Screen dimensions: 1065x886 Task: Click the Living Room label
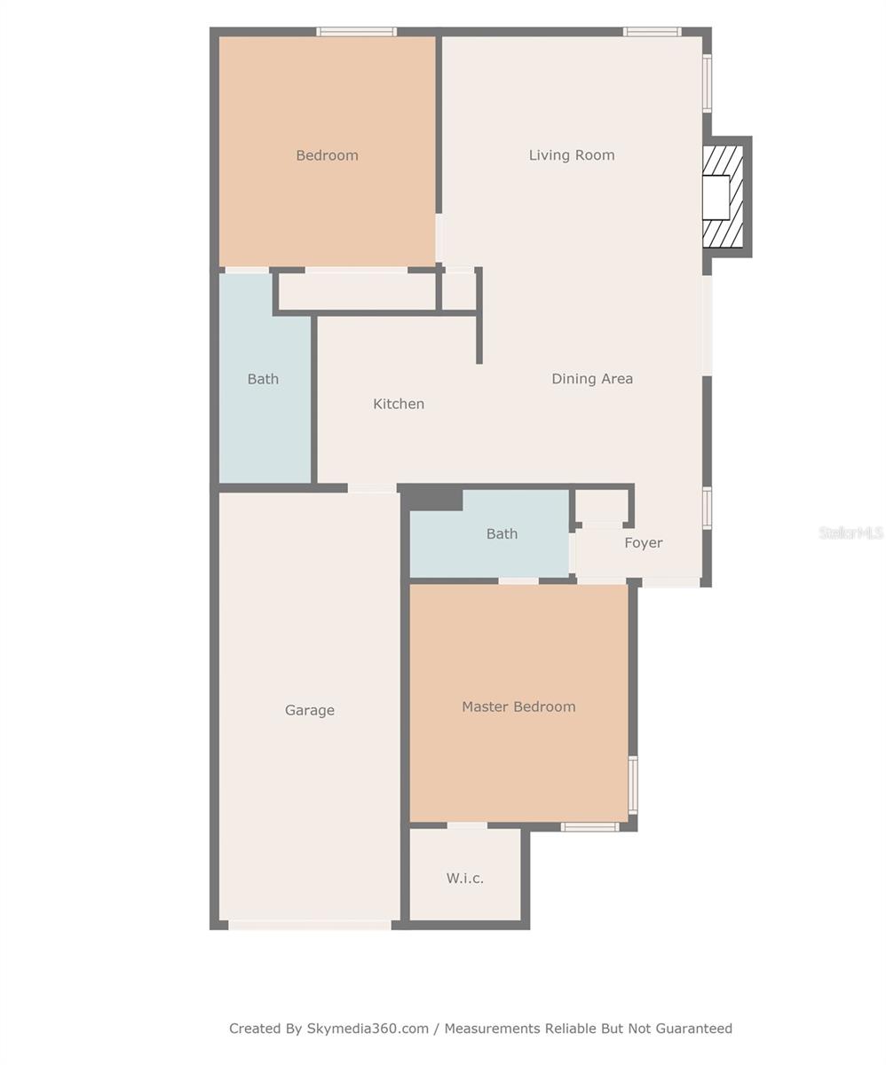pos(571,155)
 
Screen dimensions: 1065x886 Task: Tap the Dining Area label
pos(591,379)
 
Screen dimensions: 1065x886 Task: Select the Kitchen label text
pos(398,404)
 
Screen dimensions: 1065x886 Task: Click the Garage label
pos(309,710)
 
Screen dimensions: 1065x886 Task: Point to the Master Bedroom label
pos(518,706)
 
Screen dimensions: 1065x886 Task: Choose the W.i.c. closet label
pos(464,879)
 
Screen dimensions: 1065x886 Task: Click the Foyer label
pos(643,543)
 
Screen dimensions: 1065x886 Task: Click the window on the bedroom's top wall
pos(356,32)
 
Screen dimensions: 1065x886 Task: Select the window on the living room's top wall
pos(652,32)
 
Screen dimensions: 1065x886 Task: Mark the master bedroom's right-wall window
pos(632,784)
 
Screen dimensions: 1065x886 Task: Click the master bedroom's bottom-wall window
pos(589,827)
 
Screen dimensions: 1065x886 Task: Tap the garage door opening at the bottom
pos(309,925)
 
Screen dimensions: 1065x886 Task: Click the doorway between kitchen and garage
pos(371,488)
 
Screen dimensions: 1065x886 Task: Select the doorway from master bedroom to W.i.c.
pos(466,825)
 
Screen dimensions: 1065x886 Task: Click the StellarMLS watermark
pos(850,532)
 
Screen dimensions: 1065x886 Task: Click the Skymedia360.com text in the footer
pos(368,1029)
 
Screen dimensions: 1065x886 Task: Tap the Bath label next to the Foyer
pos(502,534)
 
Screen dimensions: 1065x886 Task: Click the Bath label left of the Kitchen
pos(263,379)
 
